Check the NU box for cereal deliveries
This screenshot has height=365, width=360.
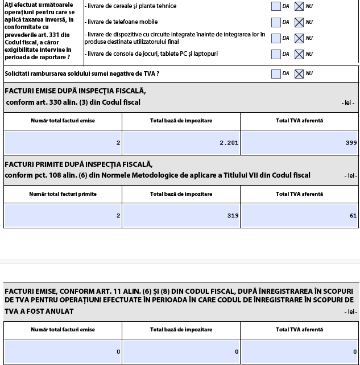pos(299,7)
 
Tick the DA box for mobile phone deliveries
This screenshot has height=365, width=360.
pos(276,23)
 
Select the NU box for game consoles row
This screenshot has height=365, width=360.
pos(299,55)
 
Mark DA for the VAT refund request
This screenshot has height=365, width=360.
pos(276,73)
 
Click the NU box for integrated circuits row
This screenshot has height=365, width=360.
pos(299,39)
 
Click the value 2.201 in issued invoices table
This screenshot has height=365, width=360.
pos(229,143)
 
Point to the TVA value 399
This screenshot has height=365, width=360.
pos(351,143)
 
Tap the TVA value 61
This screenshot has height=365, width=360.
pos(353,216)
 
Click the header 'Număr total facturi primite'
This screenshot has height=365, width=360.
pos(63,194)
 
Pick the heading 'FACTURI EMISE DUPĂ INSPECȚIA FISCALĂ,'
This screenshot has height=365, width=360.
pos(75,91)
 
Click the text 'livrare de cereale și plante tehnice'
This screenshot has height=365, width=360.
pos(131,6)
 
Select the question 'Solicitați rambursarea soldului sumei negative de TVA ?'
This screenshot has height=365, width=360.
pos(82,73)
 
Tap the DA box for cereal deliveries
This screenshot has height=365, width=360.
pos(276,7)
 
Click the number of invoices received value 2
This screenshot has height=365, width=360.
pos(118,216)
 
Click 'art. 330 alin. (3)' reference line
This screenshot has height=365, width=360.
pos(73,102)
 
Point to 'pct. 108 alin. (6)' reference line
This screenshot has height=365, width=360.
pos(158,175)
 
